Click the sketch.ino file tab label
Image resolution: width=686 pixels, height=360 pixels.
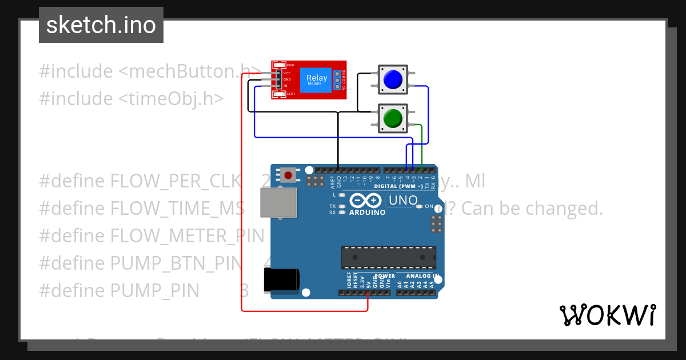(101, 25)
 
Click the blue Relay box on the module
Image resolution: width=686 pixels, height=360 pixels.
(317, 79)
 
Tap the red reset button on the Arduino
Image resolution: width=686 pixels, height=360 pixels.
(288, 175)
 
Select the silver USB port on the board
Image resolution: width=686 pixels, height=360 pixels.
(278, 203)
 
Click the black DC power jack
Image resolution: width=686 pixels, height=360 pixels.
(281, 279)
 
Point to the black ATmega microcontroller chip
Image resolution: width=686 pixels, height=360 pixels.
(389, 257)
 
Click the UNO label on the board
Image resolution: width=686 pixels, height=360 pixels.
(402, 201)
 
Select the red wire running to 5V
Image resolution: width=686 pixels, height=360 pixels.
(242, 229)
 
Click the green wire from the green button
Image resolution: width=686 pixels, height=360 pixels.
(422, 143)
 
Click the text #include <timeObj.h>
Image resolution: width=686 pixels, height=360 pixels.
(131, 98)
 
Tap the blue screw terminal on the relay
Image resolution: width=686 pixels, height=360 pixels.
(338, 80)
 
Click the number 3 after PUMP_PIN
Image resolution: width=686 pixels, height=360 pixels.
(244, 291)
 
